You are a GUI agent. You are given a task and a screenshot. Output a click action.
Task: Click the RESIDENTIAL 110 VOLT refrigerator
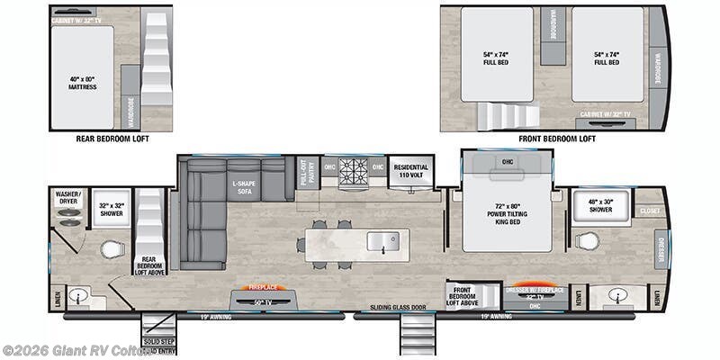pos(410,172)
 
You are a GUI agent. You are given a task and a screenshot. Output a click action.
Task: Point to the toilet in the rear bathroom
pos(111,249)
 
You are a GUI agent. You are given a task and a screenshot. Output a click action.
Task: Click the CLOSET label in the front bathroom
pos(649,211)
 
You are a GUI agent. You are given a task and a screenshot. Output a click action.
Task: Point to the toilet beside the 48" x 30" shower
pos(586,241)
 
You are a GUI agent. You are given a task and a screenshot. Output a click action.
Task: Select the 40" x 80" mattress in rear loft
pos(82,78)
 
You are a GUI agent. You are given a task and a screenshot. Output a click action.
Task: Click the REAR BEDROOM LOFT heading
pos(112,139)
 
